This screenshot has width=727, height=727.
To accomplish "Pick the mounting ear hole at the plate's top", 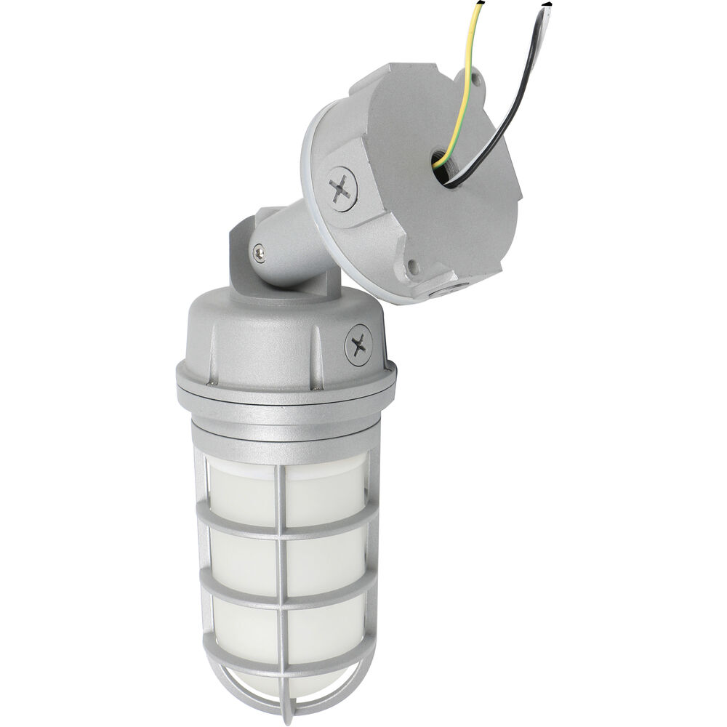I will tap(477, 75).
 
